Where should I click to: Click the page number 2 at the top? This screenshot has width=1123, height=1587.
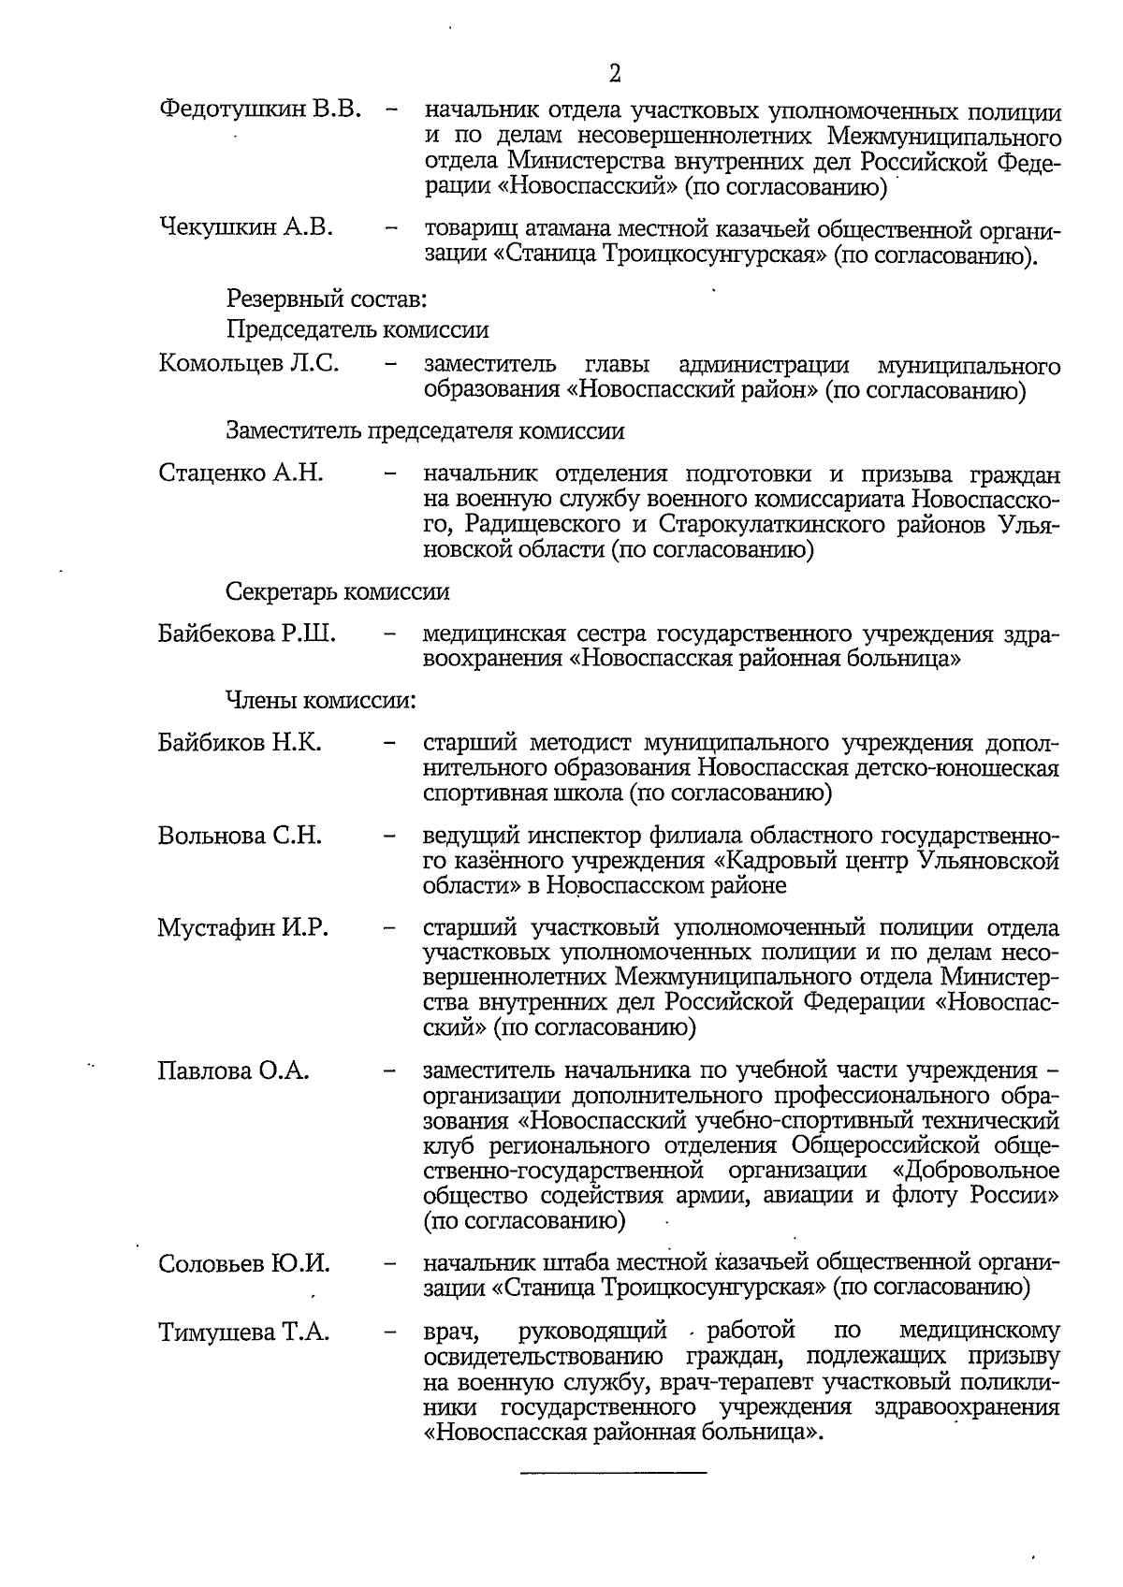pos(614,74)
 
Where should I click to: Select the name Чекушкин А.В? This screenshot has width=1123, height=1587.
pos(246,227)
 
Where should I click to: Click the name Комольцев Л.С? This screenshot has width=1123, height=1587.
pos(249,363)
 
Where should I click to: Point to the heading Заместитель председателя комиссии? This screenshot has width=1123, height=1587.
pos(425,430)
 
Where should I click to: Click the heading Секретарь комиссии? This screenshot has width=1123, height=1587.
pos(337,591)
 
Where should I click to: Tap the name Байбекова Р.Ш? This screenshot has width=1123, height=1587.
pos(247,634)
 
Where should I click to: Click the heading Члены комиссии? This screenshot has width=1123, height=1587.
pos(320,699)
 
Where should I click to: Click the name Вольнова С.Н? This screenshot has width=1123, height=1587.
pos(240,835)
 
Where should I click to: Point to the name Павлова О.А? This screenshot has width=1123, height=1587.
pos(233,1070)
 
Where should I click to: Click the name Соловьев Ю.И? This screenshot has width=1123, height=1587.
pos(243,1263)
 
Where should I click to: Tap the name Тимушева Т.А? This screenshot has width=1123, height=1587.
pos(243,1332)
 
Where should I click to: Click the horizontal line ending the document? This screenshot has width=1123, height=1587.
pos(613,1474)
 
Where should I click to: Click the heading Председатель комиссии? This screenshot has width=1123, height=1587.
pos(357,329)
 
